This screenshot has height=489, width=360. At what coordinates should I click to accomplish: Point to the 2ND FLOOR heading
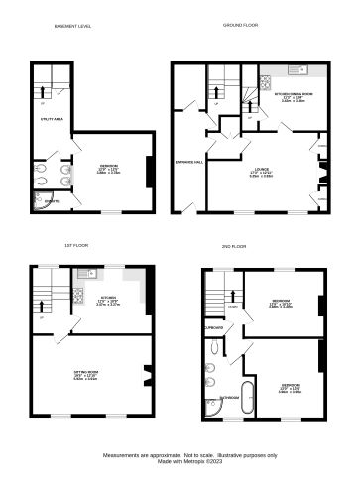click(x=235, y=243)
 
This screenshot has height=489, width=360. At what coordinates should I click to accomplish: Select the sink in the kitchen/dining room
click(x=297, y=72)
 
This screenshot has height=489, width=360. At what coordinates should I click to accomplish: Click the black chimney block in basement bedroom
click(x=149, y=172)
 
